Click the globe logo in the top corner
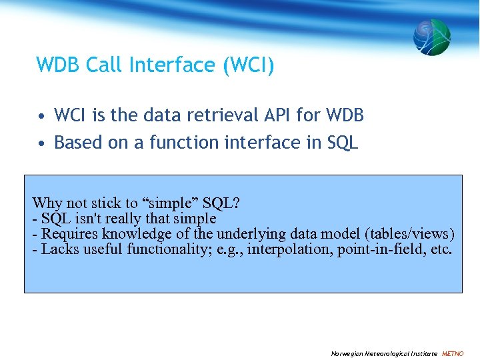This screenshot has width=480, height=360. click(x=431, y=37)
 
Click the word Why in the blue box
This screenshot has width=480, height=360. click(x=47, y=203)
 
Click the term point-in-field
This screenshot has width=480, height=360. click(x=379, y=250)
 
